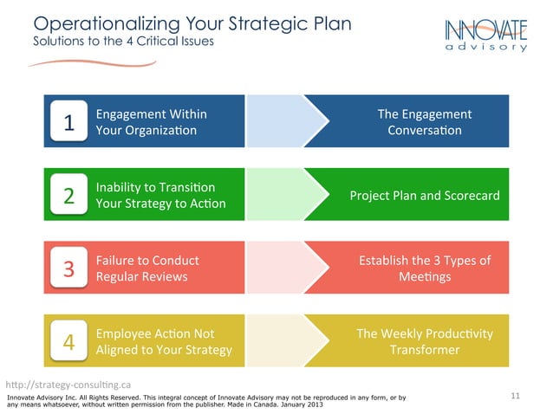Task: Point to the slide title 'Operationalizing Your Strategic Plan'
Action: pyautogui.click(x=192, y=23)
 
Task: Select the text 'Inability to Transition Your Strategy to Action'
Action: pyautogui.click(x=160, y=195)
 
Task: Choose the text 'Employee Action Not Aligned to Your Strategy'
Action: pyautogui.click(x=164, y=341)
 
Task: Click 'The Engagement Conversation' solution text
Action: pyautogui.click(x=425, y=122)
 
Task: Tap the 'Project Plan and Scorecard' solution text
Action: pyautogui.click(x=425, y=195)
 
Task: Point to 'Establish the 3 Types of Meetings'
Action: pyautogui.click(x=425, y=268)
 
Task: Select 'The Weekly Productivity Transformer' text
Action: pyautogui.click(x=425, y=341)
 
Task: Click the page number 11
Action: pyautogui.click(x=516, y=396)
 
